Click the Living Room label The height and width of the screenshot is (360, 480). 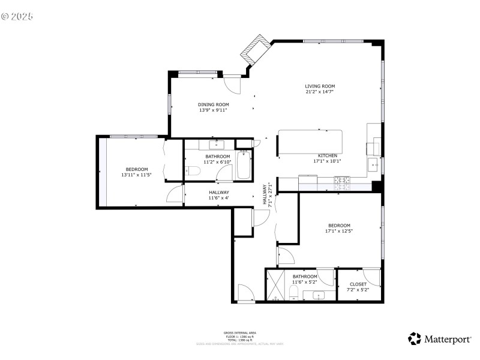point(319,86)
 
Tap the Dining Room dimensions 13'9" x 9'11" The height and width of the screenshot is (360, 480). point(214,110)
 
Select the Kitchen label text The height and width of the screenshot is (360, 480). point(328,155)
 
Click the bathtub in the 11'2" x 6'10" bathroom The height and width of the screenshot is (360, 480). point(244,166)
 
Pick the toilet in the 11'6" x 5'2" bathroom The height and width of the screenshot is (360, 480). point(293,292)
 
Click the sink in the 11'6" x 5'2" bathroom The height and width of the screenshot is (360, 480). point(318,295)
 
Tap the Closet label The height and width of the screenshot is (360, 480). point(358,284)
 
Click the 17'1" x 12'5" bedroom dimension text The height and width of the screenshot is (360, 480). point(339,231)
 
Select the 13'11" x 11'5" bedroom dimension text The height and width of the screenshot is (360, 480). point(136,175)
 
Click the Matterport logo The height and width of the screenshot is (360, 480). point(439,339)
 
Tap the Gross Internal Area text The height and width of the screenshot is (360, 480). point(239,332)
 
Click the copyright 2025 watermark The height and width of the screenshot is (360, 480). point(17,17)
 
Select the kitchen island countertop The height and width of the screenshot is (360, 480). point(310,141)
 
